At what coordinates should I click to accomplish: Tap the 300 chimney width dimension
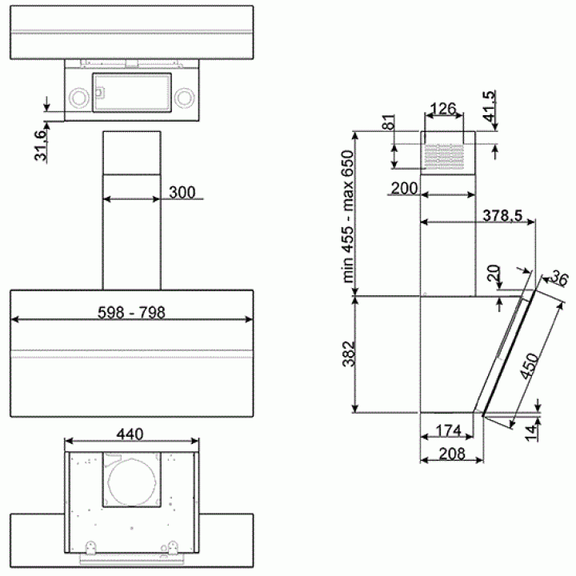[182, 193]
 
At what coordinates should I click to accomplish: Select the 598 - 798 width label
[131, 313]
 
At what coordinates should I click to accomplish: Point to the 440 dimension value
[130, 434]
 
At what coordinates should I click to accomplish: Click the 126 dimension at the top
[443, 109]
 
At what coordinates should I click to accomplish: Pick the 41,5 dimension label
[489, 106]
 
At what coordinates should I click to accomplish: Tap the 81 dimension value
[388, 122]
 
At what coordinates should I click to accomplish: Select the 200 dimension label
[404, 189]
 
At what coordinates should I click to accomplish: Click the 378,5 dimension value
[502, 216]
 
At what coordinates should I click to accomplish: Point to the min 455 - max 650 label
[347, 216]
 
